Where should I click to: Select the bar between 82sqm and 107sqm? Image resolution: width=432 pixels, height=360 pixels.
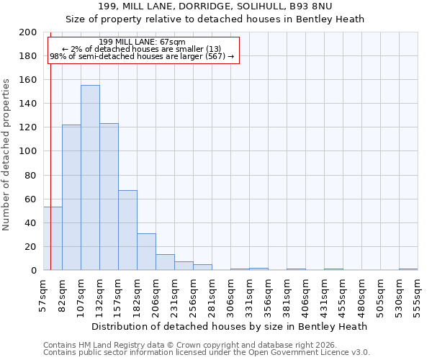click(71, 197)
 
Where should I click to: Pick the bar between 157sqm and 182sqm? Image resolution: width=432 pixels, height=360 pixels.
click(127, 230)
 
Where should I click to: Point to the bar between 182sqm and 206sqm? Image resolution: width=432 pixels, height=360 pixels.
click(146, 252)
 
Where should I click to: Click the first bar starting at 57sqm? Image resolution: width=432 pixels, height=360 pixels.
click(53, 238)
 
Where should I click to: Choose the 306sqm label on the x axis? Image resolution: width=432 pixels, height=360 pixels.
click(230, 294)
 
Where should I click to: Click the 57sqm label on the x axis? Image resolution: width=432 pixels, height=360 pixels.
click(43, 294)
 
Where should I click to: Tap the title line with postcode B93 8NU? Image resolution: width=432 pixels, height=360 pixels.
click(216, 7)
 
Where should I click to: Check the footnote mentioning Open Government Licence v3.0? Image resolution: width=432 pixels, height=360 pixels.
click(207, 353)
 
